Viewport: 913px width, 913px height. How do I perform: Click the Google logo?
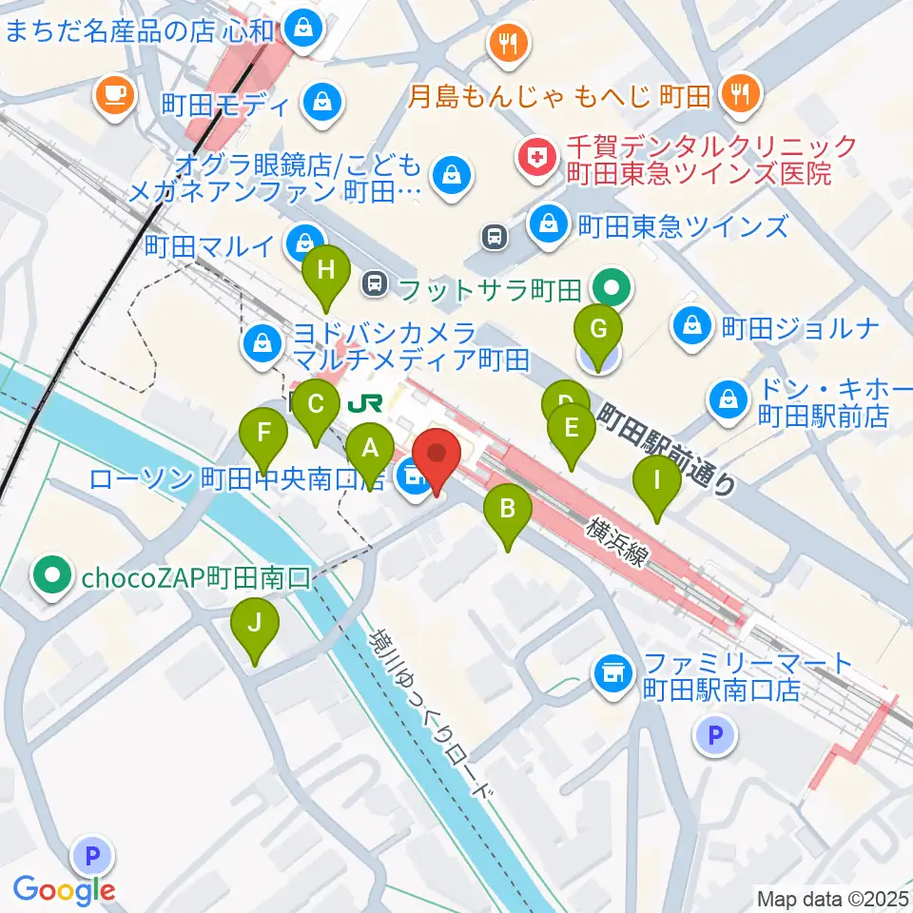coord(65,890)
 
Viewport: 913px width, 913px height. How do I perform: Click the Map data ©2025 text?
coord(831,898)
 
